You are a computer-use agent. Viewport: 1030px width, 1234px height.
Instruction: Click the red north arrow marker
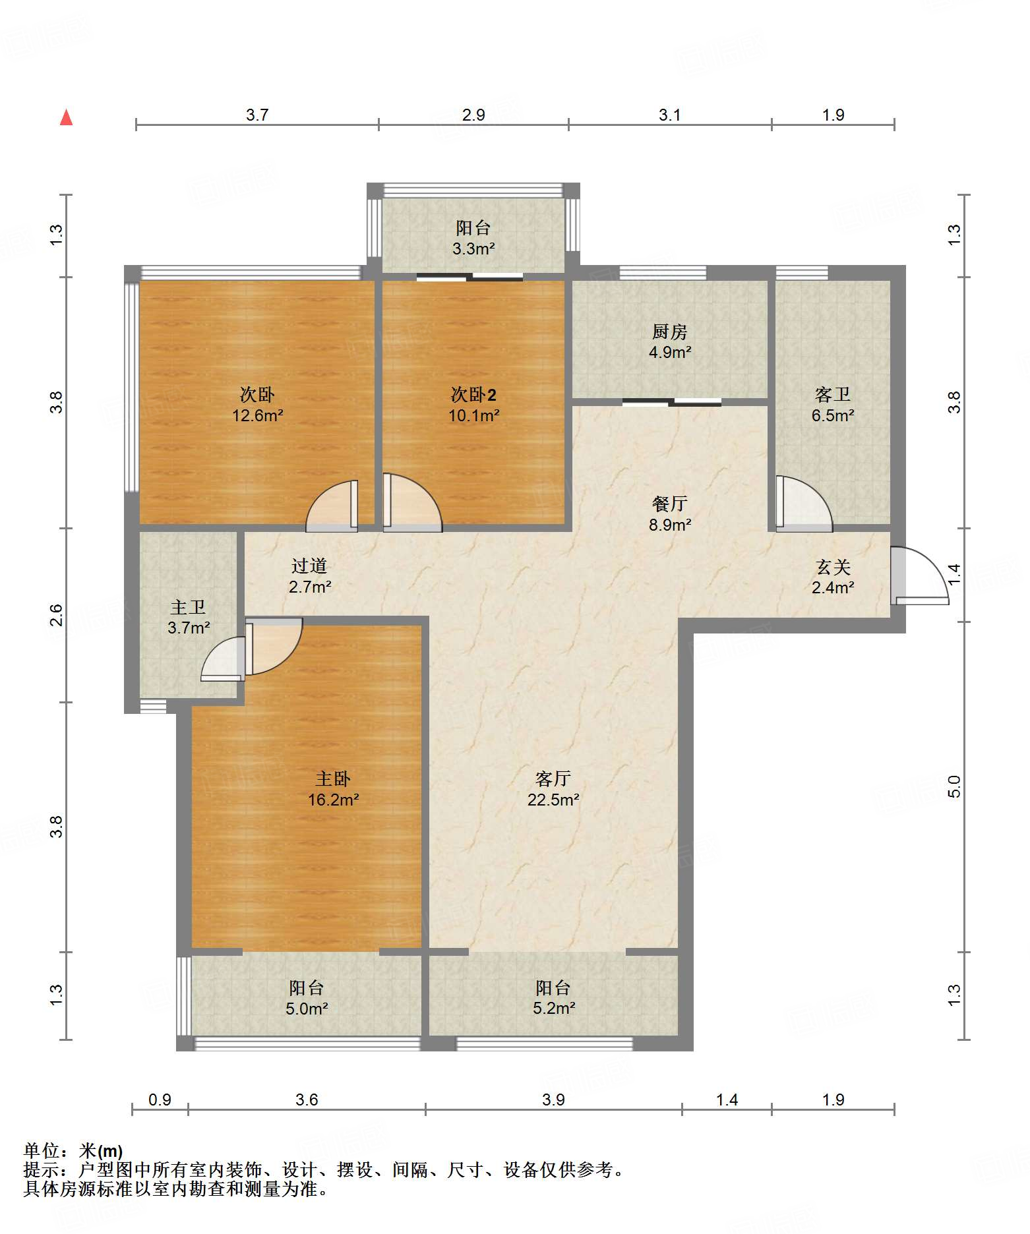pyautogui.click(x=66, y=117)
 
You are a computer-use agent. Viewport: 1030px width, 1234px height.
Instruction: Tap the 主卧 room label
pyautogui.click(x=333, y=779)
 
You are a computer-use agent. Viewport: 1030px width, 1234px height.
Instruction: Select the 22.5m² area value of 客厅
pyautogui.click(x=553, y=800)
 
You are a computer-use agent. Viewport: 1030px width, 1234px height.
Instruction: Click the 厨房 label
pyautogui.click(x=670, y=332)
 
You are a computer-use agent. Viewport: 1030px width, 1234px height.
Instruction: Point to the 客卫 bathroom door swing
pyautogui.click(x=804, y=503)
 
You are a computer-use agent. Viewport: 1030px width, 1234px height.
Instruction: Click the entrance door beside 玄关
pyautogui.click(x=919, y=575)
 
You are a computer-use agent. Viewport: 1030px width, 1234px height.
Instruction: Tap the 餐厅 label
pyautogui.click(x=670, y=504)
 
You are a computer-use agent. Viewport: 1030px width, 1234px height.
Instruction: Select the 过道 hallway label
pyautogui.click(x=309, y=566)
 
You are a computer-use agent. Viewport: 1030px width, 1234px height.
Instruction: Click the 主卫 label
pyautogui.click(x=188, y=607)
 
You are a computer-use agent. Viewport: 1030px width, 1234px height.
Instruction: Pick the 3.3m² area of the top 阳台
pyautogui.click(x=473, y=249)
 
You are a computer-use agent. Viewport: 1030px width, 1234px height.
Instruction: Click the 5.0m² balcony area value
pyautogui.click(x=307, y=1009)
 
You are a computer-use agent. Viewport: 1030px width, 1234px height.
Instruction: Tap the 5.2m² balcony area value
pyautogui.click(x=554, y=1009)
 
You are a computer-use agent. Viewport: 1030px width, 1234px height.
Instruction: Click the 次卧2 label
pyautogui.click(x=473, y=394)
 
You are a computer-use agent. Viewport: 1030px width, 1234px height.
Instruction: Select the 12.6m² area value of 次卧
pyautogui.click(x=257, y=415)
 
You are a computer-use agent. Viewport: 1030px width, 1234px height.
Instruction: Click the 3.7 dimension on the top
pyautogui.click(x=257, y=115)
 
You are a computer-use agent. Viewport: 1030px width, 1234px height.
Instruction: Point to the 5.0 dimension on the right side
pyautogui.click(x=954, y=786)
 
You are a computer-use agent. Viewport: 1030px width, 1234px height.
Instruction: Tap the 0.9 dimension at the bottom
pyautogui.click(x=160, y=1100)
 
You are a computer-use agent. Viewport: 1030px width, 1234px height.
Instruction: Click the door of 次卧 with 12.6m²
pyautogui.click(x=332, y=506)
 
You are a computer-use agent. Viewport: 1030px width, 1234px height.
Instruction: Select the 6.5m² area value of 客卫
pyautogui.click(x=833, y=415)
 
